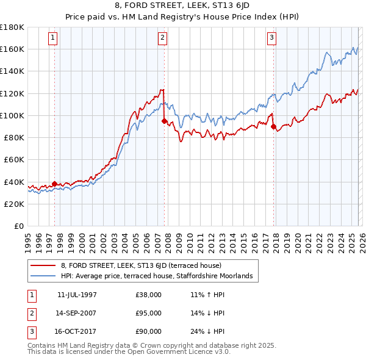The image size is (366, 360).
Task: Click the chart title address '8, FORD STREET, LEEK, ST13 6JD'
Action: [x=183, y=6]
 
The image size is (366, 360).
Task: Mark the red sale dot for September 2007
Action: [x=164, y=121]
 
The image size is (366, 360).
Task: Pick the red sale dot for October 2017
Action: [x=273, y=126]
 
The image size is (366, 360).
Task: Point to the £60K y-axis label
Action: [x=14, y=160]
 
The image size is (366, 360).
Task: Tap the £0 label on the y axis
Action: [x=19, y=226]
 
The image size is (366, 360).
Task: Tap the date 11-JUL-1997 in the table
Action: [x=77, y=294]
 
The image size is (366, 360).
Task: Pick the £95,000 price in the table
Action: [x=149, y=313]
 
